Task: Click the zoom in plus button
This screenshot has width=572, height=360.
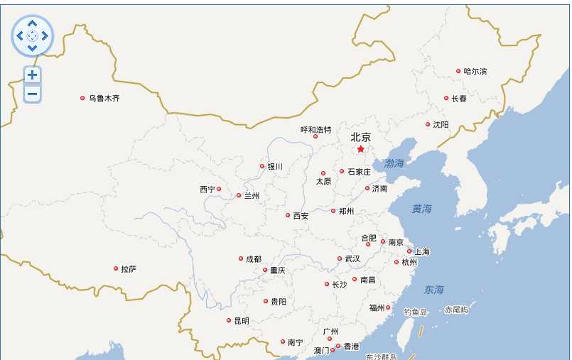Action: [x=32, y=75]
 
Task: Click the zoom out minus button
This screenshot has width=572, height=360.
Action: [x=32, y=93]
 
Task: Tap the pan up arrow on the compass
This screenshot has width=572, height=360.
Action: [x=32, y=23]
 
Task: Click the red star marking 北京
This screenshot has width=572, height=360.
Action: [x=361, y=149]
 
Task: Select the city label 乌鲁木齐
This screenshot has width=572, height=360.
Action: [x=104, y=98]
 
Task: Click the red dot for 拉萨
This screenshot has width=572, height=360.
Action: [x=116, y=268]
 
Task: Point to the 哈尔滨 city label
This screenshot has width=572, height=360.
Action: [x=475, y=71]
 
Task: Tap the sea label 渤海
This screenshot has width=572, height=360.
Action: [x=394, y=163]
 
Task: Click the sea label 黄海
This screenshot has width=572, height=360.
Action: [x=421, y=209]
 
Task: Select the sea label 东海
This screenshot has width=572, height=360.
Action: [x=433, y=290]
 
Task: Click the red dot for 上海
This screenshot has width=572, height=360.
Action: [x=409, y=251]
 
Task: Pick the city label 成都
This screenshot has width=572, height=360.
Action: [x=254, y=259]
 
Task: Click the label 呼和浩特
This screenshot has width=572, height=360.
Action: [x=316, y=130]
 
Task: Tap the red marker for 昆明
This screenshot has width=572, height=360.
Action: [x=229, y=320]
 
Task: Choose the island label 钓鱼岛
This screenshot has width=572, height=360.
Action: [x=416, y=312]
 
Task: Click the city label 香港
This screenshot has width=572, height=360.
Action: [x=352, y=347]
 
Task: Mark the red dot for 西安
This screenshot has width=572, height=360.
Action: [x=288, y=215]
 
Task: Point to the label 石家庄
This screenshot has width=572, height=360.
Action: [x=359, y=172]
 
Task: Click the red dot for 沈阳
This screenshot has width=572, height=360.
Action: [x=428, y=124]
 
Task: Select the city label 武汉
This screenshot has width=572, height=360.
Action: [x=352, y=259]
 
